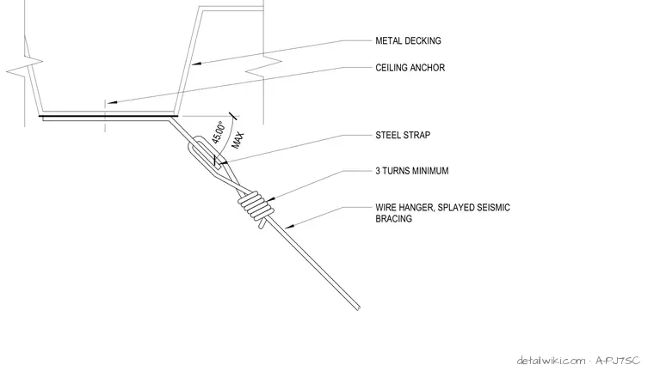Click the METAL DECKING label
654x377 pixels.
click(x=408, y=40)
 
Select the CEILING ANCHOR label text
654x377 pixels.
click(x=410, y=68)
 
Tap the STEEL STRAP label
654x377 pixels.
click(x=403, y=135)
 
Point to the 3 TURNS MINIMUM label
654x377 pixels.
click(x=412, y=171)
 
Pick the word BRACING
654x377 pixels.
click(x=394, y=219)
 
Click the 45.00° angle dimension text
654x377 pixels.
click(x=219, y=132)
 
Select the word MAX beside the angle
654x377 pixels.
click(x=238, y=140)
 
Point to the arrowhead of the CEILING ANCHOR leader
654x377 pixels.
click(x=111, y=102)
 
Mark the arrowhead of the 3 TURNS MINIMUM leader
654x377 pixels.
click(x=271, y=200)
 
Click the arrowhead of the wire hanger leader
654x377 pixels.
click(x=289, y=227)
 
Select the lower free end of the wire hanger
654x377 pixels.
click(x=358, y=308)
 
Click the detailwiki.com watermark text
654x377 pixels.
click(x=551, y=361)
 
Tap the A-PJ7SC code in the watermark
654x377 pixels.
click(x=618, y=361)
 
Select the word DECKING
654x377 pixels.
click(x=424, y=40)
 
